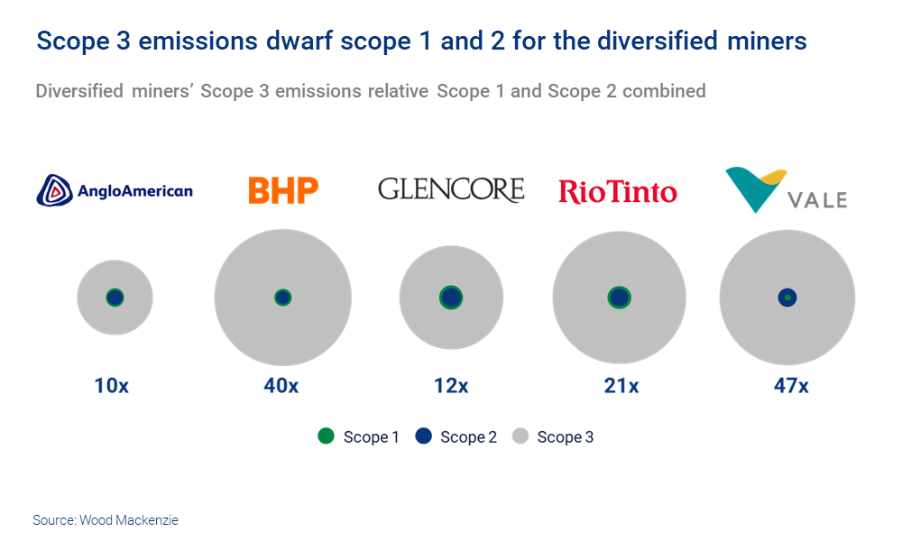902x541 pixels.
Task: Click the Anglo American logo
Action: click(x=115, y=190)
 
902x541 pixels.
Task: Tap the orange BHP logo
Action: click(x=283, y=190)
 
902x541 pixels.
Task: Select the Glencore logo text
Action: click(x=450, y=189)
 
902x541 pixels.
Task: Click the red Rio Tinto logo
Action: click(x=618, y=191)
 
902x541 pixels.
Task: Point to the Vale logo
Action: click(x=787, y=189)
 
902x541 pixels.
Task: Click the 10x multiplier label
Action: click(x=112, y=386)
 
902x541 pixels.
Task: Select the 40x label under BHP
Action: click(x=281, y=386)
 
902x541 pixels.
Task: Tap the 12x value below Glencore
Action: click(x=450, y=386)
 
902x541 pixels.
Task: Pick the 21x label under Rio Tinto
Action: click(x=621, y=386)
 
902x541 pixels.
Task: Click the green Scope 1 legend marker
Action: click(x=326, y=436)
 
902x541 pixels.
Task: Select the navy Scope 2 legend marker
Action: click(x=423, y=436)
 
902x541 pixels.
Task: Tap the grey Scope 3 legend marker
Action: click(x=520, y=436)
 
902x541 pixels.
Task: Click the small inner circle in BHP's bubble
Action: click(x=282, y=297)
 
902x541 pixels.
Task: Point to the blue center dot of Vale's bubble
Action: click(x=787, y=297)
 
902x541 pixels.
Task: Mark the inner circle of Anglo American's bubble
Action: click(x=115, y=297)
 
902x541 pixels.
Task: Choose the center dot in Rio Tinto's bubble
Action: click(x=619, y=297)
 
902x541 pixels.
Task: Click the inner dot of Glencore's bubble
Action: click(x=450, y=297)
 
